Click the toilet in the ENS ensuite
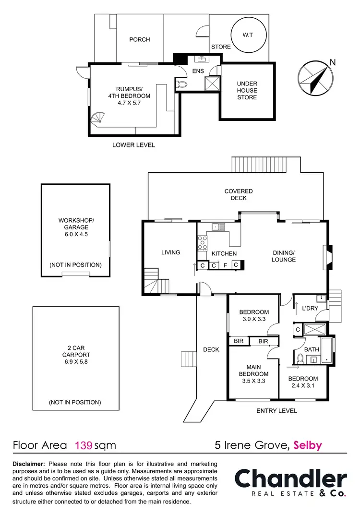pos(182,84)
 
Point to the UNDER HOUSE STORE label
pos(247,90)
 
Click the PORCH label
pos(140,39)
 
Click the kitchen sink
pos(216,227)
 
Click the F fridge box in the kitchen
pos(225,265)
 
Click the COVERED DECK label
pos(239,194)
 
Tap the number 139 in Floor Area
pos(83,445)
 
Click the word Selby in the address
pos(308,445)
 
